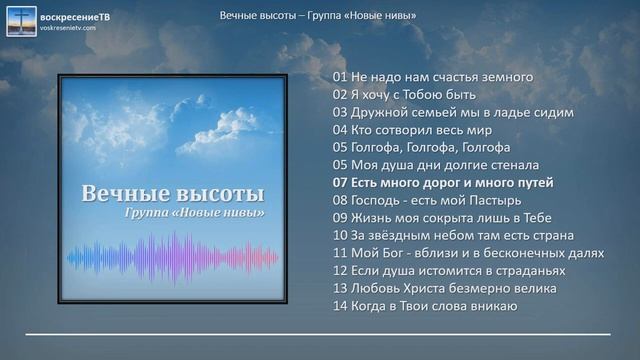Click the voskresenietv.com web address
pyautogui.click(x=68, y=28)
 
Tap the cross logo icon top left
pyautogui.click(x=20, y=21)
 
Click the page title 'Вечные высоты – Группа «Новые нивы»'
pyautogui.click(x=319, y=15)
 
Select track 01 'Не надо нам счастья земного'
pyautogui.click(x=433, y=76)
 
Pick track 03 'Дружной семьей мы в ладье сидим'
pyautogui.click(x=453, y=112)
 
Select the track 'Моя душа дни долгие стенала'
pyautogui.click(x=436, y=165)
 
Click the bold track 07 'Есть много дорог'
pyautogui.click(x=443, y=183)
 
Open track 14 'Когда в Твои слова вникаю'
pyautogui.click(x=425, y=305)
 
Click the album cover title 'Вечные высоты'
pyautogui.click(x=173, y=193)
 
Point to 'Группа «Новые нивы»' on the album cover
pyautogui.click(x=194, y=213)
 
